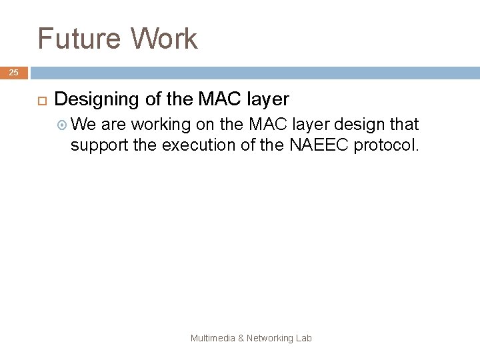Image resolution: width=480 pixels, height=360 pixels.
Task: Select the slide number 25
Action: pyautogui.click(x=14, y=73)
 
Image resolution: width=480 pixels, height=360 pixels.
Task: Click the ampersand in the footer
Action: pyautogui.click(x=241, y=339)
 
